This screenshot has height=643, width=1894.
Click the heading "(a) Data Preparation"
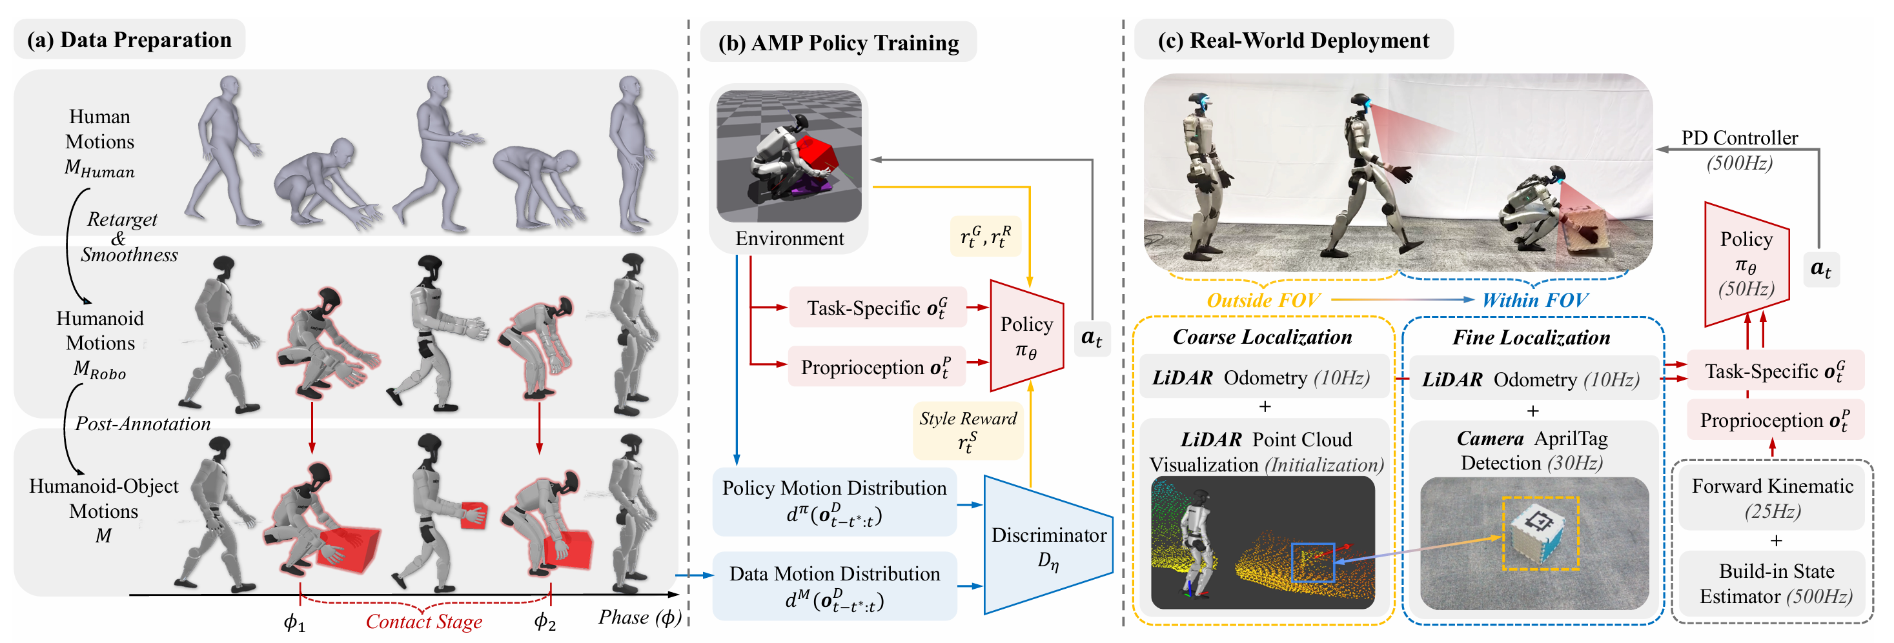tap(129, 40)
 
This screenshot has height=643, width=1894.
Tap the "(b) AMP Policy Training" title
tap(838, 43)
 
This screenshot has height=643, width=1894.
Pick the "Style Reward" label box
tap(968, 430)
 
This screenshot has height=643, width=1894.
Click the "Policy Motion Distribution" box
tap(834, 502)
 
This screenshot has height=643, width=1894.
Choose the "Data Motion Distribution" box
tap(834, 586)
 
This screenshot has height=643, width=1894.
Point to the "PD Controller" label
tap(1739, 138)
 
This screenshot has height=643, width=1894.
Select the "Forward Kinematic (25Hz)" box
tap(1772, 497)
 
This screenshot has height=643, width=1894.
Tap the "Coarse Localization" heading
tap(1263, 337)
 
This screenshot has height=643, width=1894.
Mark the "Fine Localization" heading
tap(1531, 337)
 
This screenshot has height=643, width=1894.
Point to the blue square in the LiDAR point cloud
tap(1312, 563)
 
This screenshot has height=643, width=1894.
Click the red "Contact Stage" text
tap(423, 622)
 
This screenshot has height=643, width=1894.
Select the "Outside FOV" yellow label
tap(1263, 300)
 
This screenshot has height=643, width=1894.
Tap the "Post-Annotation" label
tap(143, 424)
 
